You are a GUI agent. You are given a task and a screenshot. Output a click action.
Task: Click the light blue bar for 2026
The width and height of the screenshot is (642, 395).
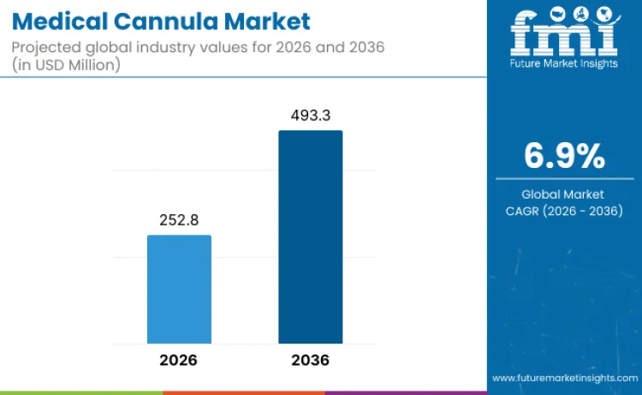pos(179,290)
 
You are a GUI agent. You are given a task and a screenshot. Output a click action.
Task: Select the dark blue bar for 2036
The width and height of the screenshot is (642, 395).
pos(310,237)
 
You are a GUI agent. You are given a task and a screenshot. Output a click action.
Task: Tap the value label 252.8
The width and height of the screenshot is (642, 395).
pos(179,220)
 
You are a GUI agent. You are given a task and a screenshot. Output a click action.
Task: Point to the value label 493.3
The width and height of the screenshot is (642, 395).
pos(310,115)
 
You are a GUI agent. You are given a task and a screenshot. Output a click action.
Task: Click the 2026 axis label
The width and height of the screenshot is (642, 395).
pos(179,360)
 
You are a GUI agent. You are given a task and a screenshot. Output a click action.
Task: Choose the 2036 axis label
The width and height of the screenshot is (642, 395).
pos(310,360)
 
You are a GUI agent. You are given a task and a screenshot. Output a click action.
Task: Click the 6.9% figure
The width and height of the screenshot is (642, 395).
pos(564,156)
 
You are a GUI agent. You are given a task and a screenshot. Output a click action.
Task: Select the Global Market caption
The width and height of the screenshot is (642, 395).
pos(564,194)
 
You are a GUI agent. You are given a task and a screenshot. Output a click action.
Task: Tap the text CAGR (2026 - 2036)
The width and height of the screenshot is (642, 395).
pos(564,211)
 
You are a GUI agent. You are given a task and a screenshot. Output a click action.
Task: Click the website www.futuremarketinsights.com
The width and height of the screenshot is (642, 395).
pos(563,377)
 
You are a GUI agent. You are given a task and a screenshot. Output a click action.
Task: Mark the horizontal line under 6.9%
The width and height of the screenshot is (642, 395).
pos(564,178)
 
